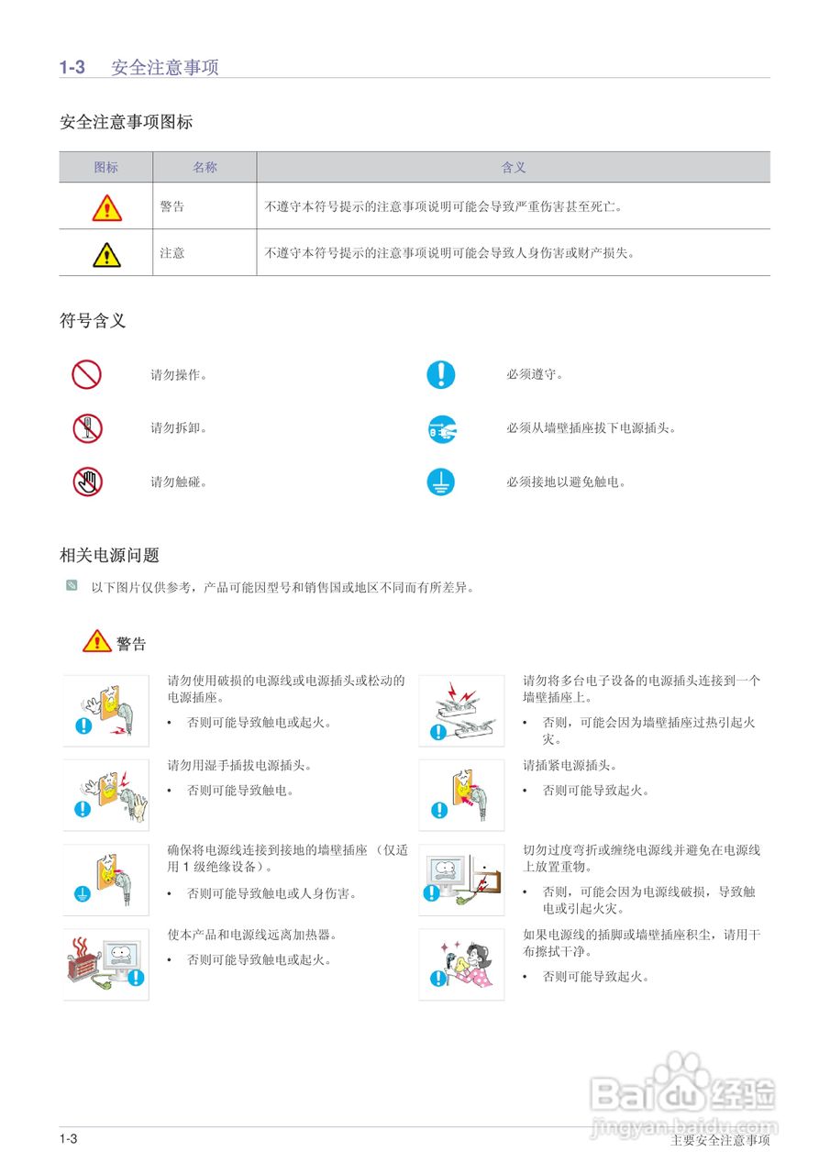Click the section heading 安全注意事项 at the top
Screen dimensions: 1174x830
click(x=164, y=67)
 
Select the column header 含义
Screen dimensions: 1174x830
click(x=514, y=167)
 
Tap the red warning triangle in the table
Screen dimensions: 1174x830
click(x=106, y=207)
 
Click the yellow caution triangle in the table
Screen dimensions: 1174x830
click(x=106, y=253)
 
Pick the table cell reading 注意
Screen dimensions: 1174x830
click(x=172, y=253)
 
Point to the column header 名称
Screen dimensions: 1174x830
click(x=205, y=167)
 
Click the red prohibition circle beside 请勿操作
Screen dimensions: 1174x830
click(x=87, y=374)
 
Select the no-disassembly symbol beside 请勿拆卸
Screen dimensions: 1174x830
click(x=87, y=428)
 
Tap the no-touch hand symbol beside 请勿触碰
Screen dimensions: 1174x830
click(x=87, y=482)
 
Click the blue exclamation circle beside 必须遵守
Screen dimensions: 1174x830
click(x=441, y=374)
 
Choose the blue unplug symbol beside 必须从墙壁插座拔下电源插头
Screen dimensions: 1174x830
click(x=441, y=428)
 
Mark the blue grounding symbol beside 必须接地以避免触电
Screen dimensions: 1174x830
click(x=441, y=482)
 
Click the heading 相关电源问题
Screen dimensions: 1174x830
click(x=109, y=555)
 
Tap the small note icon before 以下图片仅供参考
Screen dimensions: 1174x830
click(x=72, y=585)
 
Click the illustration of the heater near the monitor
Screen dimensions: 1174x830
click(x=105, y=964)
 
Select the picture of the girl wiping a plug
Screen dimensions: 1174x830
click(x=461, y=964)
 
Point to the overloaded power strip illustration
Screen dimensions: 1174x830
click(x=461, y=711)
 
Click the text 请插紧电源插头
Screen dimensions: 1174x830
click(x=570, y=766)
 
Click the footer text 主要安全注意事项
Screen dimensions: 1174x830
click(x=720, y=1141)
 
